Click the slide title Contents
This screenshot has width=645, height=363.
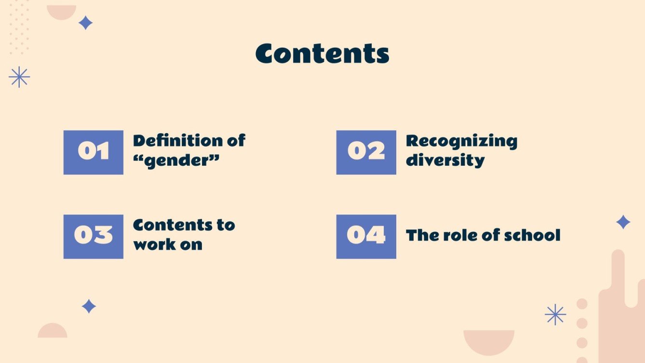(322, 54)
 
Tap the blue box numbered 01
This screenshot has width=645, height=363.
(93, 152)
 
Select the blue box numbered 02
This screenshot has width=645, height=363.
(366, 152)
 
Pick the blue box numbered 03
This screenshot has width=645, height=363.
(93, 236)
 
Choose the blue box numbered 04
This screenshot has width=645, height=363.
(366, 236)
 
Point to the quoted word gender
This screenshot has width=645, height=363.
(176, 161)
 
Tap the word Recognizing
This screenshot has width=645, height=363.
(461, 141)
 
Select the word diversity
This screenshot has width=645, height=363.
(445, 160)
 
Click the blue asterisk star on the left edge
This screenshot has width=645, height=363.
(19, 77)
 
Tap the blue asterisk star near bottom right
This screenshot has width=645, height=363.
(555, 315)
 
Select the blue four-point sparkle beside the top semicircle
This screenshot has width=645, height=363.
(85, 23)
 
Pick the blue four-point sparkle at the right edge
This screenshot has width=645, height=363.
(623, 222)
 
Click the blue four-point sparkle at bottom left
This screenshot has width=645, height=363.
(89, 306)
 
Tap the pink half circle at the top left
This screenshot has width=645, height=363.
(61, 11)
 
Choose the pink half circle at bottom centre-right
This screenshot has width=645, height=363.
(489, 340)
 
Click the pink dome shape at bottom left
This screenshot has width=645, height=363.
(52, 332)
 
